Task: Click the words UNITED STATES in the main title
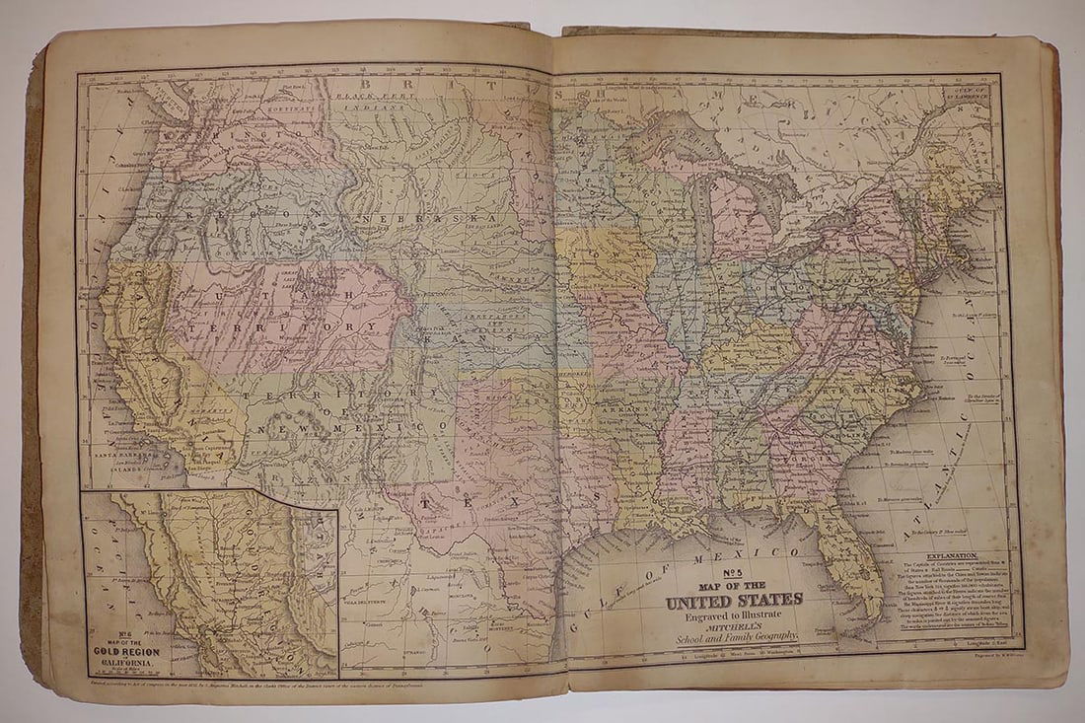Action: tap(734, 601)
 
